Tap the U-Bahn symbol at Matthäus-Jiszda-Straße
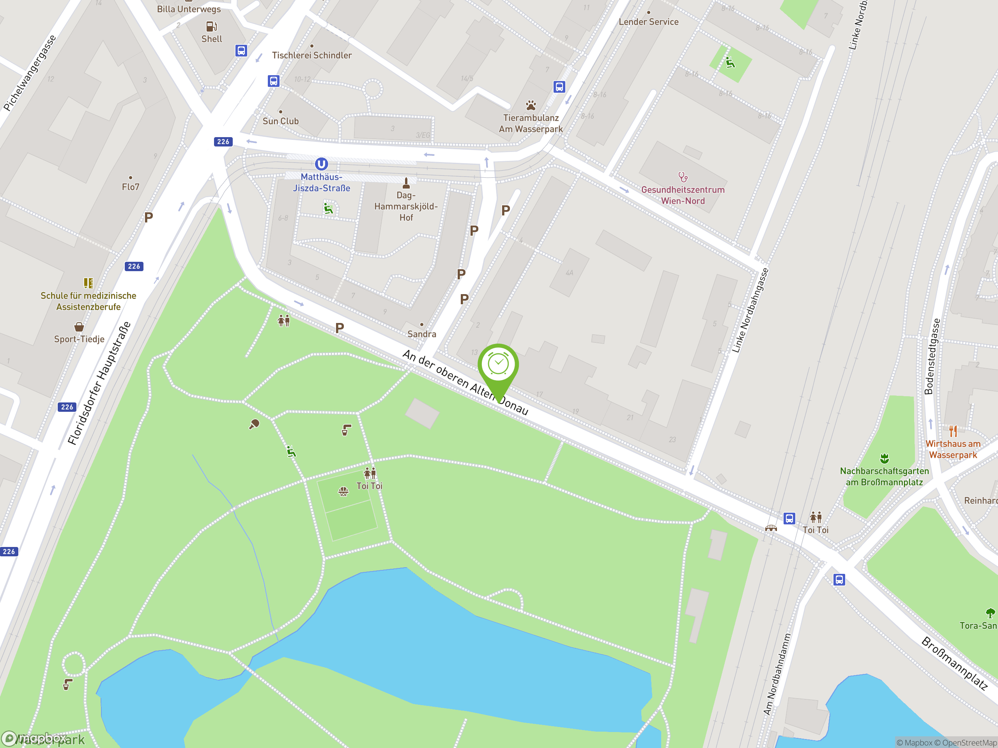[321, 164]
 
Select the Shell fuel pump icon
[211, 26]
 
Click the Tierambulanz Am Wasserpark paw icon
[531, 106]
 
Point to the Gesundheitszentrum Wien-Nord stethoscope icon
[683, 177]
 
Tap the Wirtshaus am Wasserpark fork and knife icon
[953, 431]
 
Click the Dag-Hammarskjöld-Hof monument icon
[406, 183]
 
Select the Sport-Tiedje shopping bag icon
[79, 326]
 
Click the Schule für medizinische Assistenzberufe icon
[88, 283]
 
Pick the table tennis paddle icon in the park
[254, 424]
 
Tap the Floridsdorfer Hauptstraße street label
[99, 383]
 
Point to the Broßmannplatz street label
[954, 663]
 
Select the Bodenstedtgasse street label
[932, 356]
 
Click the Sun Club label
[281, 121]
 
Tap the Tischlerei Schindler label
[312, 55]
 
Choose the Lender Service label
[648, 22]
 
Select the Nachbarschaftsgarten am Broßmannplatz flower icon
[884, 459]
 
